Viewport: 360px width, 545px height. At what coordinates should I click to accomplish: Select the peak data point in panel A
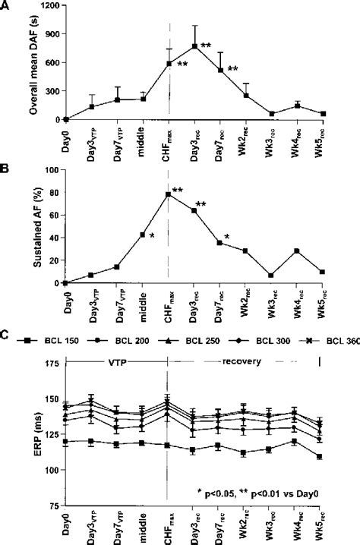coord(194,46)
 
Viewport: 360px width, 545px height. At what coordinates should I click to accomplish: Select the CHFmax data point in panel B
coord(169,194)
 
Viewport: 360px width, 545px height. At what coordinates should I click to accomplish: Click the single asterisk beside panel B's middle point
coord(153,237)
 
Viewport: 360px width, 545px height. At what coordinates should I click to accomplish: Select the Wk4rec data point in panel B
coord(297,250)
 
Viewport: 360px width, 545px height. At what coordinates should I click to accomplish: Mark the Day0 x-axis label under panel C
coord(66,525)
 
